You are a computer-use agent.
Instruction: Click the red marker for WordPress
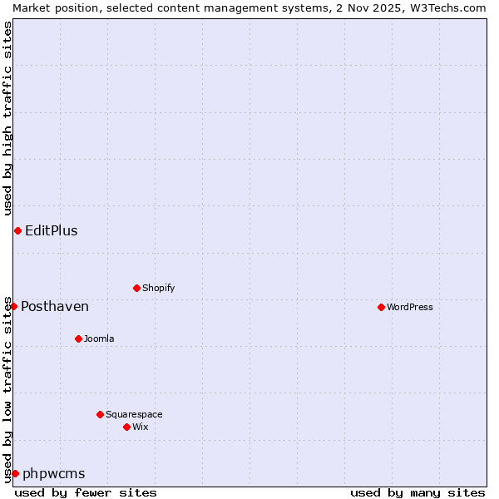[381, 307]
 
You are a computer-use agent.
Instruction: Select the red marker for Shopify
[136, 288]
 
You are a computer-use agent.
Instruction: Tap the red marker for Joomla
[78, 338]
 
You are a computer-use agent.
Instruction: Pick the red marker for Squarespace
[100, 414]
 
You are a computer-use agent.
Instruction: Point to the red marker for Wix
[126, 427]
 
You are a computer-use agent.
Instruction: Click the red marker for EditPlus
[17, 230]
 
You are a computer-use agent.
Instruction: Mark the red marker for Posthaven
[13, 306]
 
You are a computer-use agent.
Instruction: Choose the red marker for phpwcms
[15, 473]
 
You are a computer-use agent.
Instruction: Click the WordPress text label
[410, 307]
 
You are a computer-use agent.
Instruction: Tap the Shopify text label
[159, 288]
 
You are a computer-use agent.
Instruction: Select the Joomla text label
[99, 338]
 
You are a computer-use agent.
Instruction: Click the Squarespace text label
[134, 414]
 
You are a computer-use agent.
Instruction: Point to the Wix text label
[141, 427]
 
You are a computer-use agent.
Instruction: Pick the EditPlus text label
[52, 230]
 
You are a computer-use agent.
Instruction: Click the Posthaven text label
[55, 306]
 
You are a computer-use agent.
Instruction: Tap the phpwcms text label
[54, 473]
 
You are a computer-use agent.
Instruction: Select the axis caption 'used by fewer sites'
[86, 492]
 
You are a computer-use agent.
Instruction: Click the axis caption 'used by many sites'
[417, 492]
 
